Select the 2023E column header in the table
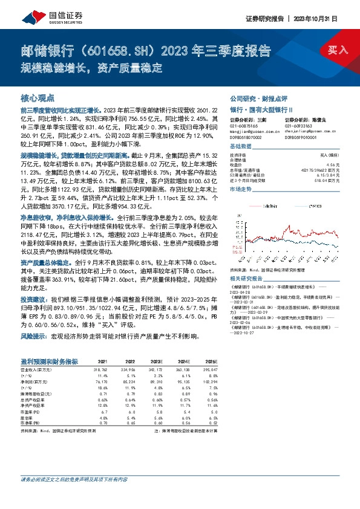pyautogui.click(x=156, y=361)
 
